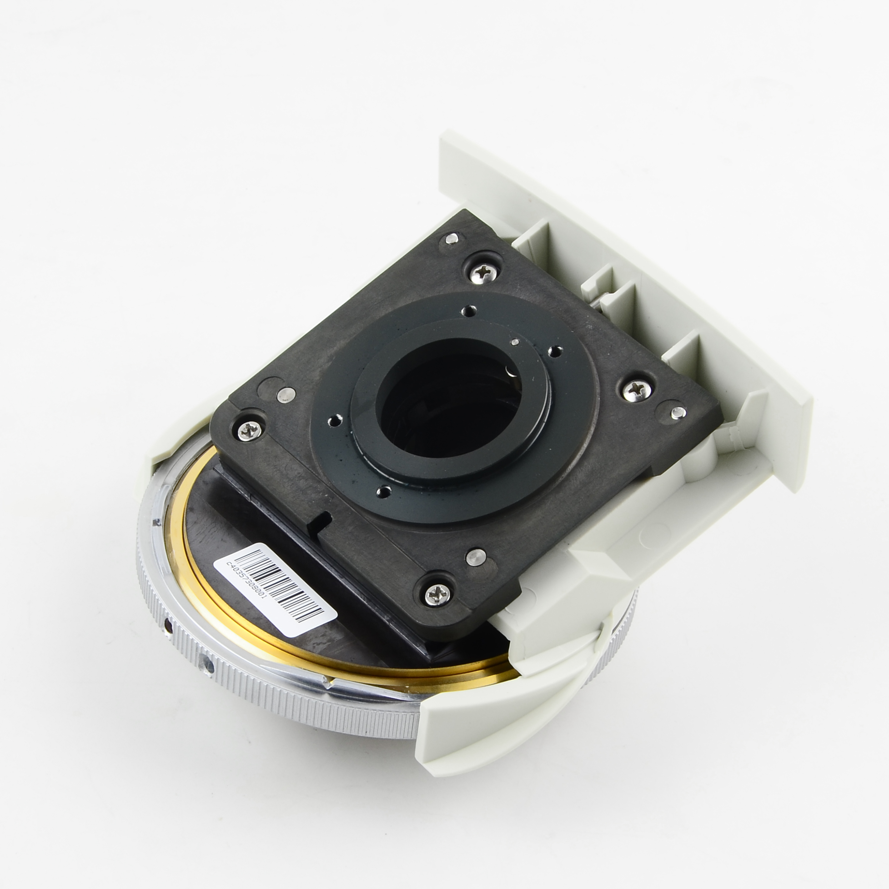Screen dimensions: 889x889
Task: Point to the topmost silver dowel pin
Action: [452, 238]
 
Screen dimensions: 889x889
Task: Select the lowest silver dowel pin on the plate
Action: [476, 557]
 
